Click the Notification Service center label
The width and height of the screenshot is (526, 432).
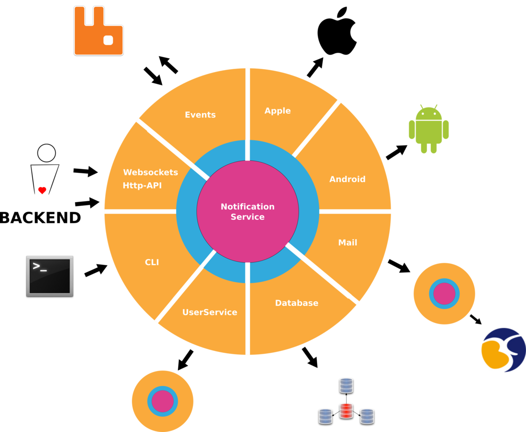(x=248, y=212)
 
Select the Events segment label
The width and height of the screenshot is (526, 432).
(x=200, y=115)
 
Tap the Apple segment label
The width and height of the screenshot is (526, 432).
(x=277, y=111)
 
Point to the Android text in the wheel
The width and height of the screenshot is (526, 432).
(x=347, y=180)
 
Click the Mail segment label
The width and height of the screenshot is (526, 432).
(x=347, y=243)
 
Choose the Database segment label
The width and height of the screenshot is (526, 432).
(x=297, y=303)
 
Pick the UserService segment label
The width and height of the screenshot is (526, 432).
(x=210, y=312)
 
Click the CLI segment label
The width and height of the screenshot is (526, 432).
(x=152, y=263)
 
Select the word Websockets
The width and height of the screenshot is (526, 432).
(x=150, y=172)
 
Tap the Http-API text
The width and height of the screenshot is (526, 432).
(x=142, y=185)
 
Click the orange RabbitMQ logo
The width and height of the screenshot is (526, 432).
(x=98, y=31)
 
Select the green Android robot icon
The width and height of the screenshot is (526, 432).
(x=429, y=129)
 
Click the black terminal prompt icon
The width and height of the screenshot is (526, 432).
(x=49, y=276)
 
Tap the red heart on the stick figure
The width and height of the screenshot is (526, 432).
(x=42, y=191)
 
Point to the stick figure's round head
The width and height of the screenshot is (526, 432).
(x=47, y=153)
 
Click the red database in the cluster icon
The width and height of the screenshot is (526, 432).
(x=346, y=411)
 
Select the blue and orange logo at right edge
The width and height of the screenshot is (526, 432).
(x=502, y=350)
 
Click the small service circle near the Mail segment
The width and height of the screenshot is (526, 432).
(x=444, y=293)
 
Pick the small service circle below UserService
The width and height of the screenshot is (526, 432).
(x=163, y=401)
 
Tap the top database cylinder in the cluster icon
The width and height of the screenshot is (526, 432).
(x=346, y=385)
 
